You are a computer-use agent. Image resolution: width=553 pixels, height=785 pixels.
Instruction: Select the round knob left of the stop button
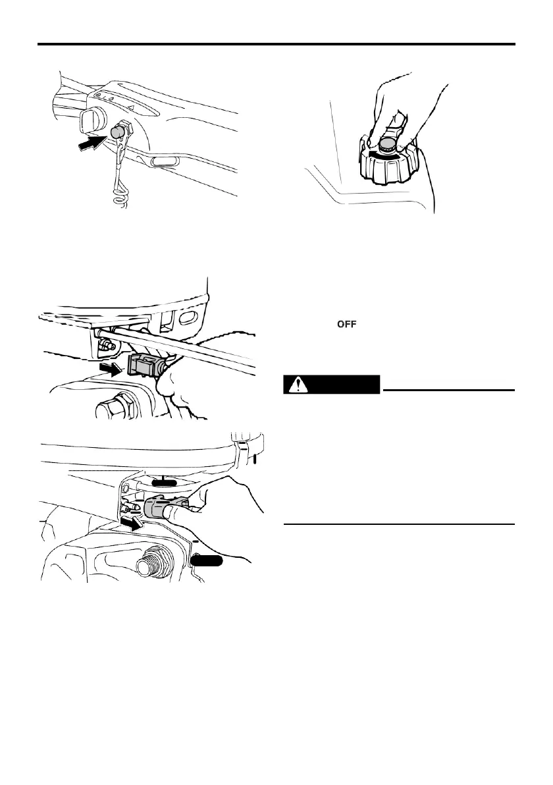coord(90,119)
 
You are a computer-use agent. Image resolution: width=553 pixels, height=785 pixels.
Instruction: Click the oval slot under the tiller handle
coord(163,160)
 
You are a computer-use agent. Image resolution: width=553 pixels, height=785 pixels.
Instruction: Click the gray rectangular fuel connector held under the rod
coord(145,364)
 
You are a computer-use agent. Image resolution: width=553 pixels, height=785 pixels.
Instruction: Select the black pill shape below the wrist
coord(209,560)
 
